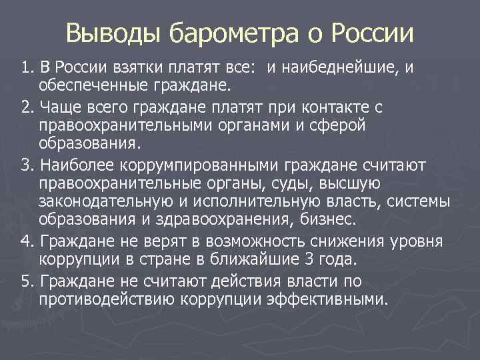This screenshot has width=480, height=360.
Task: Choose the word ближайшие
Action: [281, 259]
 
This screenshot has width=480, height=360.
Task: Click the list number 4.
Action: [26, 241]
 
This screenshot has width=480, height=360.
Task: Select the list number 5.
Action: [26, 281]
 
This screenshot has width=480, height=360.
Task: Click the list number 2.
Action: [26, 107]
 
